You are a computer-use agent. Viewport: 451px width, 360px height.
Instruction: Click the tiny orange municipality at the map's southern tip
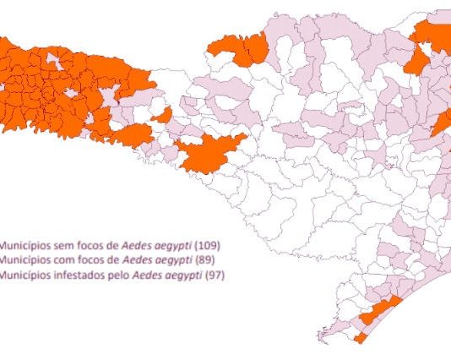[360, 338]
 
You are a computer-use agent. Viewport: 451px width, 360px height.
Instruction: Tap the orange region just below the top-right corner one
[416, 63]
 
